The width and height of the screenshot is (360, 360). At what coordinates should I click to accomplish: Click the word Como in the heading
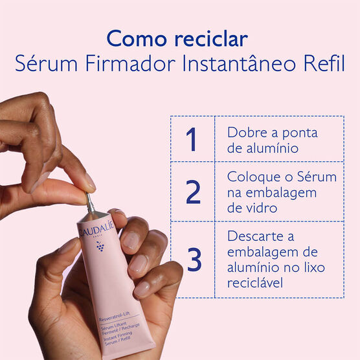tap(133, 39)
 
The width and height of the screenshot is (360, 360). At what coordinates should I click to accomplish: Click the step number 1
tap(192, 139)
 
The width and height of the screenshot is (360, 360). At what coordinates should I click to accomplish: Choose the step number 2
tap(192, 192)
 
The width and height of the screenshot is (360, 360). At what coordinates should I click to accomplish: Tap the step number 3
tap(193, 259)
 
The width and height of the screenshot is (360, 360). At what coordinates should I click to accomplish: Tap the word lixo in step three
tap(311, 267)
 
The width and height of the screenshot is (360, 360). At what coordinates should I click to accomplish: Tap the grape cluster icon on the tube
tap(100, 247)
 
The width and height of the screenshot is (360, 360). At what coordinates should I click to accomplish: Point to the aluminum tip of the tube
tap(91, 203)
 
